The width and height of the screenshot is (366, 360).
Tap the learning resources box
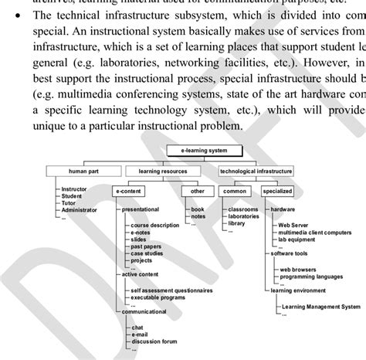162,171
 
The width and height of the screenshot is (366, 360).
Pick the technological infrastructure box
256,171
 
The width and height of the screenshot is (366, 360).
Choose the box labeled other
197,190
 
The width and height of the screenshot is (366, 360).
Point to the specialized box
276,190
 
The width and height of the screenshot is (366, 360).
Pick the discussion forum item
154,341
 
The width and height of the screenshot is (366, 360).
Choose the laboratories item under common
243,216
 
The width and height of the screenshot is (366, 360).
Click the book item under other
197,209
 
